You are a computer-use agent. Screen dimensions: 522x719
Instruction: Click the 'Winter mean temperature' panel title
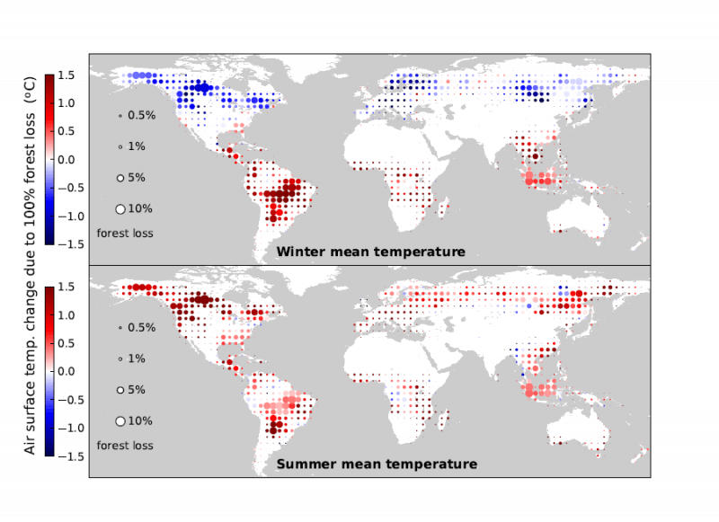click(370, 252)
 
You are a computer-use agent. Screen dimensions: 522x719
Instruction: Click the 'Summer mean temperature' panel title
click(376, 464)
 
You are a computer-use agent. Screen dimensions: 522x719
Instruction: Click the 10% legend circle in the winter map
click(120, 208)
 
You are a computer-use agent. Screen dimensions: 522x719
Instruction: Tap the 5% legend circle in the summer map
click(120, 390)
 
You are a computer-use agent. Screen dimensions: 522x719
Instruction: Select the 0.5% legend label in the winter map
click(142, 115)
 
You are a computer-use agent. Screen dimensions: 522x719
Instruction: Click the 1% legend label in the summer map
click(138, 358)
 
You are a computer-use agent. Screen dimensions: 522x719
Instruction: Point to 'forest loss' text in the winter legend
click(125, 233)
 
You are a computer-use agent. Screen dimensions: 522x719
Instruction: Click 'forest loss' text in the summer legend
click(125, 446)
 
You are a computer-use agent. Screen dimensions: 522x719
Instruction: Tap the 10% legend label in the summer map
click(141, 421)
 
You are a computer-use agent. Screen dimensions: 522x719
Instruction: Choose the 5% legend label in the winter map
click(138, 177)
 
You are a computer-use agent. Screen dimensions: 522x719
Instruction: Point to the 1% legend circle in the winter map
click(120, 146)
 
